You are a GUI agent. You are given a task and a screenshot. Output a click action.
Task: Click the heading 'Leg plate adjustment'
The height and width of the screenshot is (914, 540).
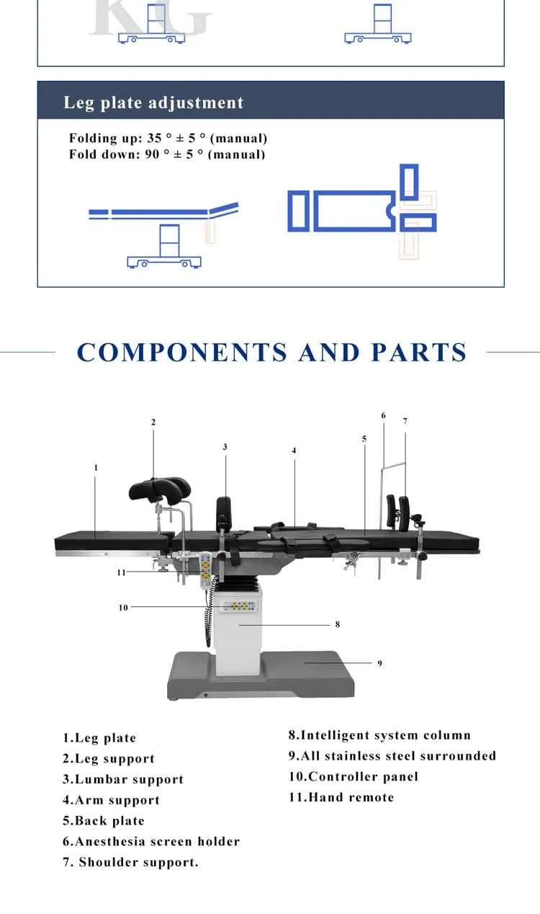pyautogui.click(x=153, y=102)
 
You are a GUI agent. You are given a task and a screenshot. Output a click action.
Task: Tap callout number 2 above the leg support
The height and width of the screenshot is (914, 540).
pyautogui.click(x=153, y=422)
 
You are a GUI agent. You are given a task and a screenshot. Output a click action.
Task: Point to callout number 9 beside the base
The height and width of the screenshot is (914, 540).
pyautogui.click(x=379, y=663)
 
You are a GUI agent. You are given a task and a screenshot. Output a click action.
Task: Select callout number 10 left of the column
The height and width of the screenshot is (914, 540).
pyautogui.click(x=123, y=608)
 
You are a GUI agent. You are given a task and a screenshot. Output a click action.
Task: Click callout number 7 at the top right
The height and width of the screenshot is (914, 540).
pyautogui.click(x=405, y=421)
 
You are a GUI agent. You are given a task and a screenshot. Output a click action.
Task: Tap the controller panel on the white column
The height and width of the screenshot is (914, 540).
pyautogui.click(x=240, y=607)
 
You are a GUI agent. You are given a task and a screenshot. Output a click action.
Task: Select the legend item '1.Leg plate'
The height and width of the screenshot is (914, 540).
pyautogui.click(x=99, y=738)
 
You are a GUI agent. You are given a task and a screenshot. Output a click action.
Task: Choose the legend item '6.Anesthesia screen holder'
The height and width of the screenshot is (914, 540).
pyautogui.click(x=151, y=841)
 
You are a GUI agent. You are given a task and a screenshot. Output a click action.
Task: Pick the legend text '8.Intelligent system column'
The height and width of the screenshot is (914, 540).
pyautogui.click(x=379, y=735)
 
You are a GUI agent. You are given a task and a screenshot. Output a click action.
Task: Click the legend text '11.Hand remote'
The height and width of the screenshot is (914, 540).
pyautogui.click(x=341, y=797)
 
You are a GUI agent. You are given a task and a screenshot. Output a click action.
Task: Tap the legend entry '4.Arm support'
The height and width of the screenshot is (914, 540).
pyautogui.click(x=112, y=800)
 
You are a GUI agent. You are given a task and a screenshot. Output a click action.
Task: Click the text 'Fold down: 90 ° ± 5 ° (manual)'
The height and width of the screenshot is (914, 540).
pyautogui.click(x=167, y=154)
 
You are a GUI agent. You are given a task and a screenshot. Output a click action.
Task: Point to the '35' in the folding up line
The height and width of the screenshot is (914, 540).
pyautogui.click(x=154, y=138)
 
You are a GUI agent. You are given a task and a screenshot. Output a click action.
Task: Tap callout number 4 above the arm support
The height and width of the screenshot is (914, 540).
pyautogui.click(x=294, y=451)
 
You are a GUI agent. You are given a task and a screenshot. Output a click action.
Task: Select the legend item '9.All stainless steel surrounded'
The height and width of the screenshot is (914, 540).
pyautogui.click(x=392, y=756)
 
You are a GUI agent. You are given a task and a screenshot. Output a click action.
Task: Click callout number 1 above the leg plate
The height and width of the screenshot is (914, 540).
pyautogui.click(x=96, y=468)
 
